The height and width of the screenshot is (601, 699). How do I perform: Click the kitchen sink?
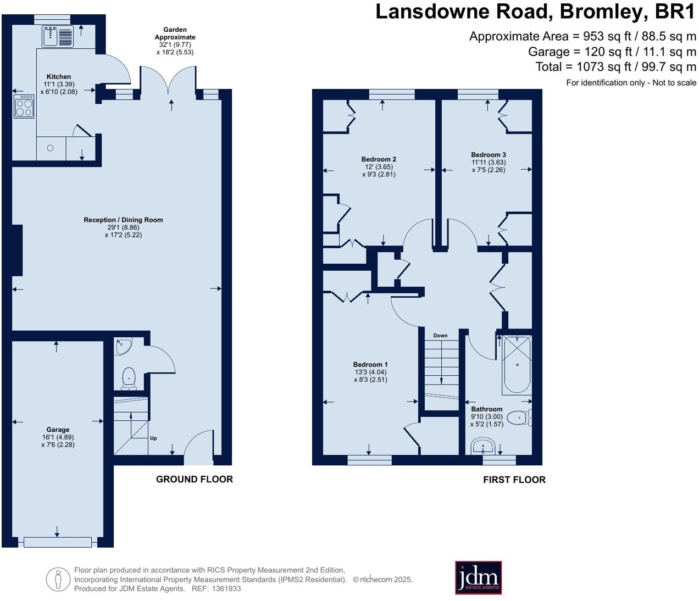pos(58,36)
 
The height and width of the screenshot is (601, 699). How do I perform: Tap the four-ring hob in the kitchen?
pos(24,106)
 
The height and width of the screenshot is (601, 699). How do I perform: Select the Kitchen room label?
pos(59,77)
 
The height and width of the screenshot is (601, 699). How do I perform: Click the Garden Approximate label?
pos(175,34)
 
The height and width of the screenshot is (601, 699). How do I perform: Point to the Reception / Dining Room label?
pos(124,220)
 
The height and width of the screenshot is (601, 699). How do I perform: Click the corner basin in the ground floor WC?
pos(123,347)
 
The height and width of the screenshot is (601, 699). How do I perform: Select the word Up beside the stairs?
pos(153,438)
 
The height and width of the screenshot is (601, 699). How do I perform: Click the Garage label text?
pos(58,429)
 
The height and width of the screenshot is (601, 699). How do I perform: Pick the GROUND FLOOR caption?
pos(195,479)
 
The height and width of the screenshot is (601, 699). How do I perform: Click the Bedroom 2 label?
pos(379,159)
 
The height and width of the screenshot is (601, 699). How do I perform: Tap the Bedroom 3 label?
pos(489,154)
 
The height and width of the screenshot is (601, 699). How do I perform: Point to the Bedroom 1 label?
pos(370,364)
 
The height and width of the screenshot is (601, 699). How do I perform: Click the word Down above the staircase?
pos(440,335)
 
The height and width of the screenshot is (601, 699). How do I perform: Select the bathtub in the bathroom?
pos(517,365)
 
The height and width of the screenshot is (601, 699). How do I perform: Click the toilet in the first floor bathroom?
pos(520,418)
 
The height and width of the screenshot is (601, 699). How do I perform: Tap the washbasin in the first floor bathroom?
pos(483,447)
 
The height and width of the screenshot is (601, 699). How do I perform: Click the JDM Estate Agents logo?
pos(478,578)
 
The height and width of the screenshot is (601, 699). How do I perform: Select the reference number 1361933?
pos(226,588)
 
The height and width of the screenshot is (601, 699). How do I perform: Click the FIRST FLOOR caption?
pos(514,480)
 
